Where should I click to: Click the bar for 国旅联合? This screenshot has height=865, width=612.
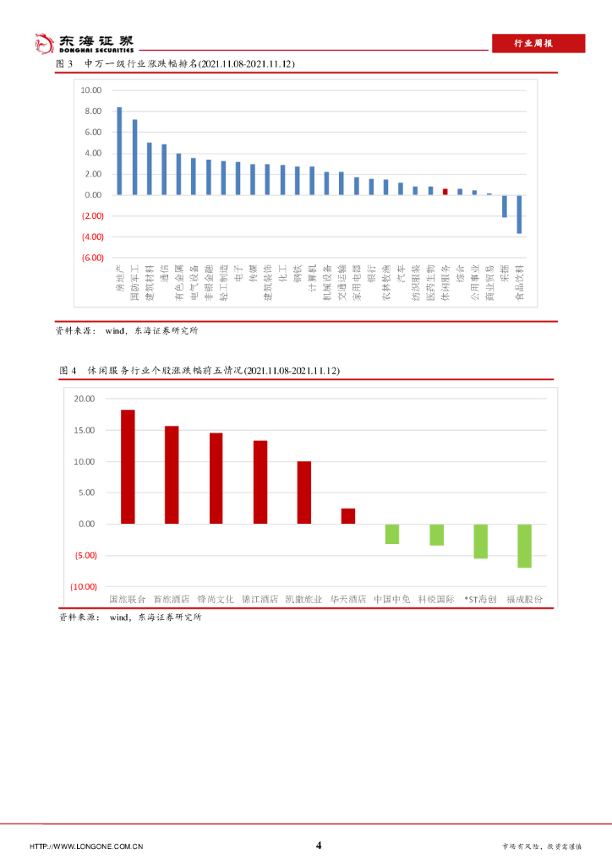128,466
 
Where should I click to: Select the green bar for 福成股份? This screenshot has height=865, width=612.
524,546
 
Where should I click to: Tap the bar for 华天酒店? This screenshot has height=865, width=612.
348,516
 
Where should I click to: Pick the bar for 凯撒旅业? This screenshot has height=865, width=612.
304,492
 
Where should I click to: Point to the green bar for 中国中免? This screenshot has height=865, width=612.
392,534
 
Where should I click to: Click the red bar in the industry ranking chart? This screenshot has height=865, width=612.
445,192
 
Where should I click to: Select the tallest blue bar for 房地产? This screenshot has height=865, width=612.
119,151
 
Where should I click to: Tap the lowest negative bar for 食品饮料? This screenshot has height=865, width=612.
519,214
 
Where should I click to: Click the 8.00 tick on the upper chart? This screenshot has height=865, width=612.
93,112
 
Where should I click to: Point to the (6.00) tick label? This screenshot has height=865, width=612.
93,258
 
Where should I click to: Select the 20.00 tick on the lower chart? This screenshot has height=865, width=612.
85,399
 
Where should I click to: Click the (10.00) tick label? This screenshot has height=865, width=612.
84,586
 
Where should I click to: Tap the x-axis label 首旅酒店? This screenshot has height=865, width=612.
172,599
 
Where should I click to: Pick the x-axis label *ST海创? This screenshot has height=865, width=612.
480,599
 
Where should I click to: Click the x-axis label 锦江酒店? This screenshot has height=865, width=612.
260,599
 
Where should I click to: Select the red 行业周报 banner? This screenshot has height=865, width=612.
538,44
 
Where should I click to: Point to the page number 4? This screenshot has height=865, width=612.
319,845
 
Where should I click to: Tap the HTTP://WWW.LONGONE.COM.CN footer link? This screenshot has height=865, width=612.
86,846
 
